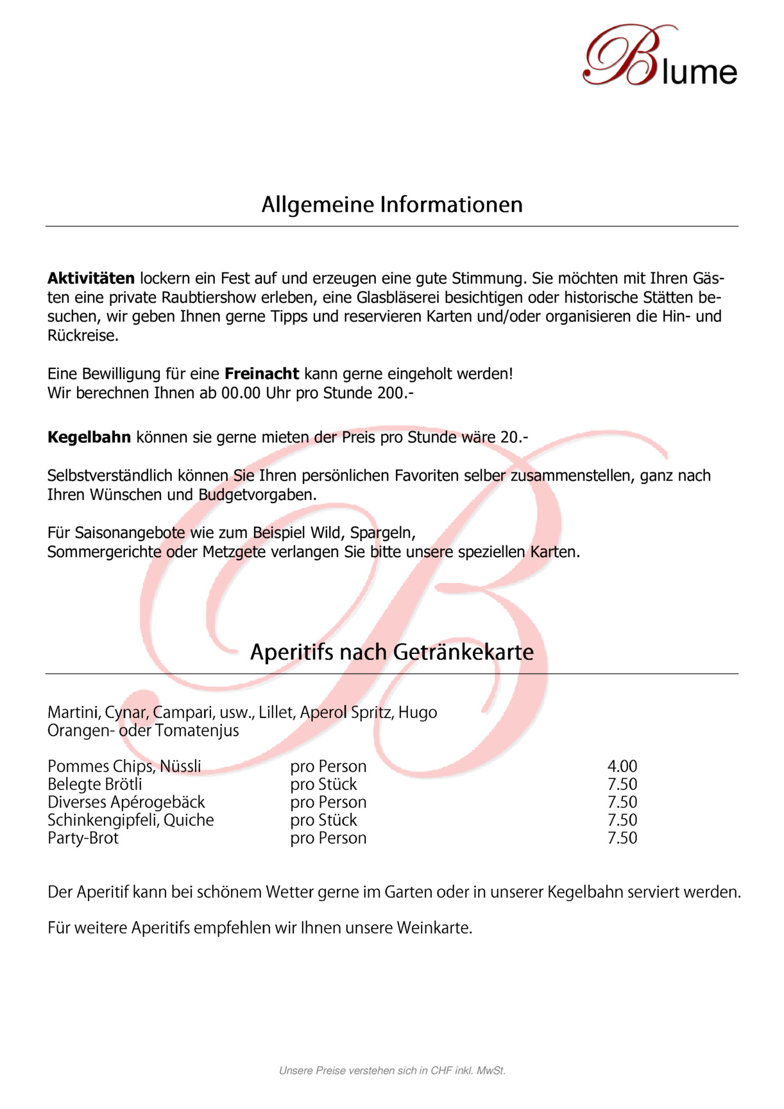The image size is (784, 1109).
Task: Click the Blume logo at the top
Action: pyautogui.click(x=661, y=56)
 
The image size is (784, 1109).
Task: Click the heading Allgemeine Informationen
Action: pyautogui.click(x=392, y=205)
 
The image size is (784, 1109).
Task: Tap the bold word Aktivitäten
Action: pyautogui.click(x=91, y=279)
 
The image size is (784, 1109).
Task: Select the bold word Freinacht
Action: pyautogui.click(x=262, y=374)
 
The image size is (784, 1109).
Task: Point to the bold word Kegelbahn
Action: pyautogui.click(x=89, y=438)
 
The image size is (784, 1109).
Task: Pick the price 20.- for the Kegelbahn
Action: pyautogui.click(x=514, y=438)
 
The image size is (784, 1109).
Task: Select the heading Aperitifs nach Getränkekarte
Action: pyautogui.click(x=392, y=652)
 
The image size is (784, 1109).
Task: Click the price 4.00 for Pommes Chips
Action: pyautogui.click(x=622, y=766)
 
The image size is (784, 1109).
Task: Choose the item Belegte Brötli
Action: pyautogui.click(x=95, y=784)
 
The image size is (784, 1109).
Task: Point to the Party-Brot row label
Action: pyautogui.click(x=83, y=838)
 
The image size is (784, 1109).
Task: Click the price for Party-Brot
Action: pyautogui.click(x=622, y=838)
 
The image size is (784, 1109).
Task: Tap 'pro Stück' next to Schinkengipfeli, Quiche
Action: pyautogui.click(x=323, y=820)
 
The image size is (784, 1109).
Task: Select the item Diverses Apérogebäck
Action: pyautogui.click(x=126, y=802)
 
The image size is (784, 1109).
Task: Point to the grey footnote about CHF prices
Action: pyautogui.click(x=392, y=1070)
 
